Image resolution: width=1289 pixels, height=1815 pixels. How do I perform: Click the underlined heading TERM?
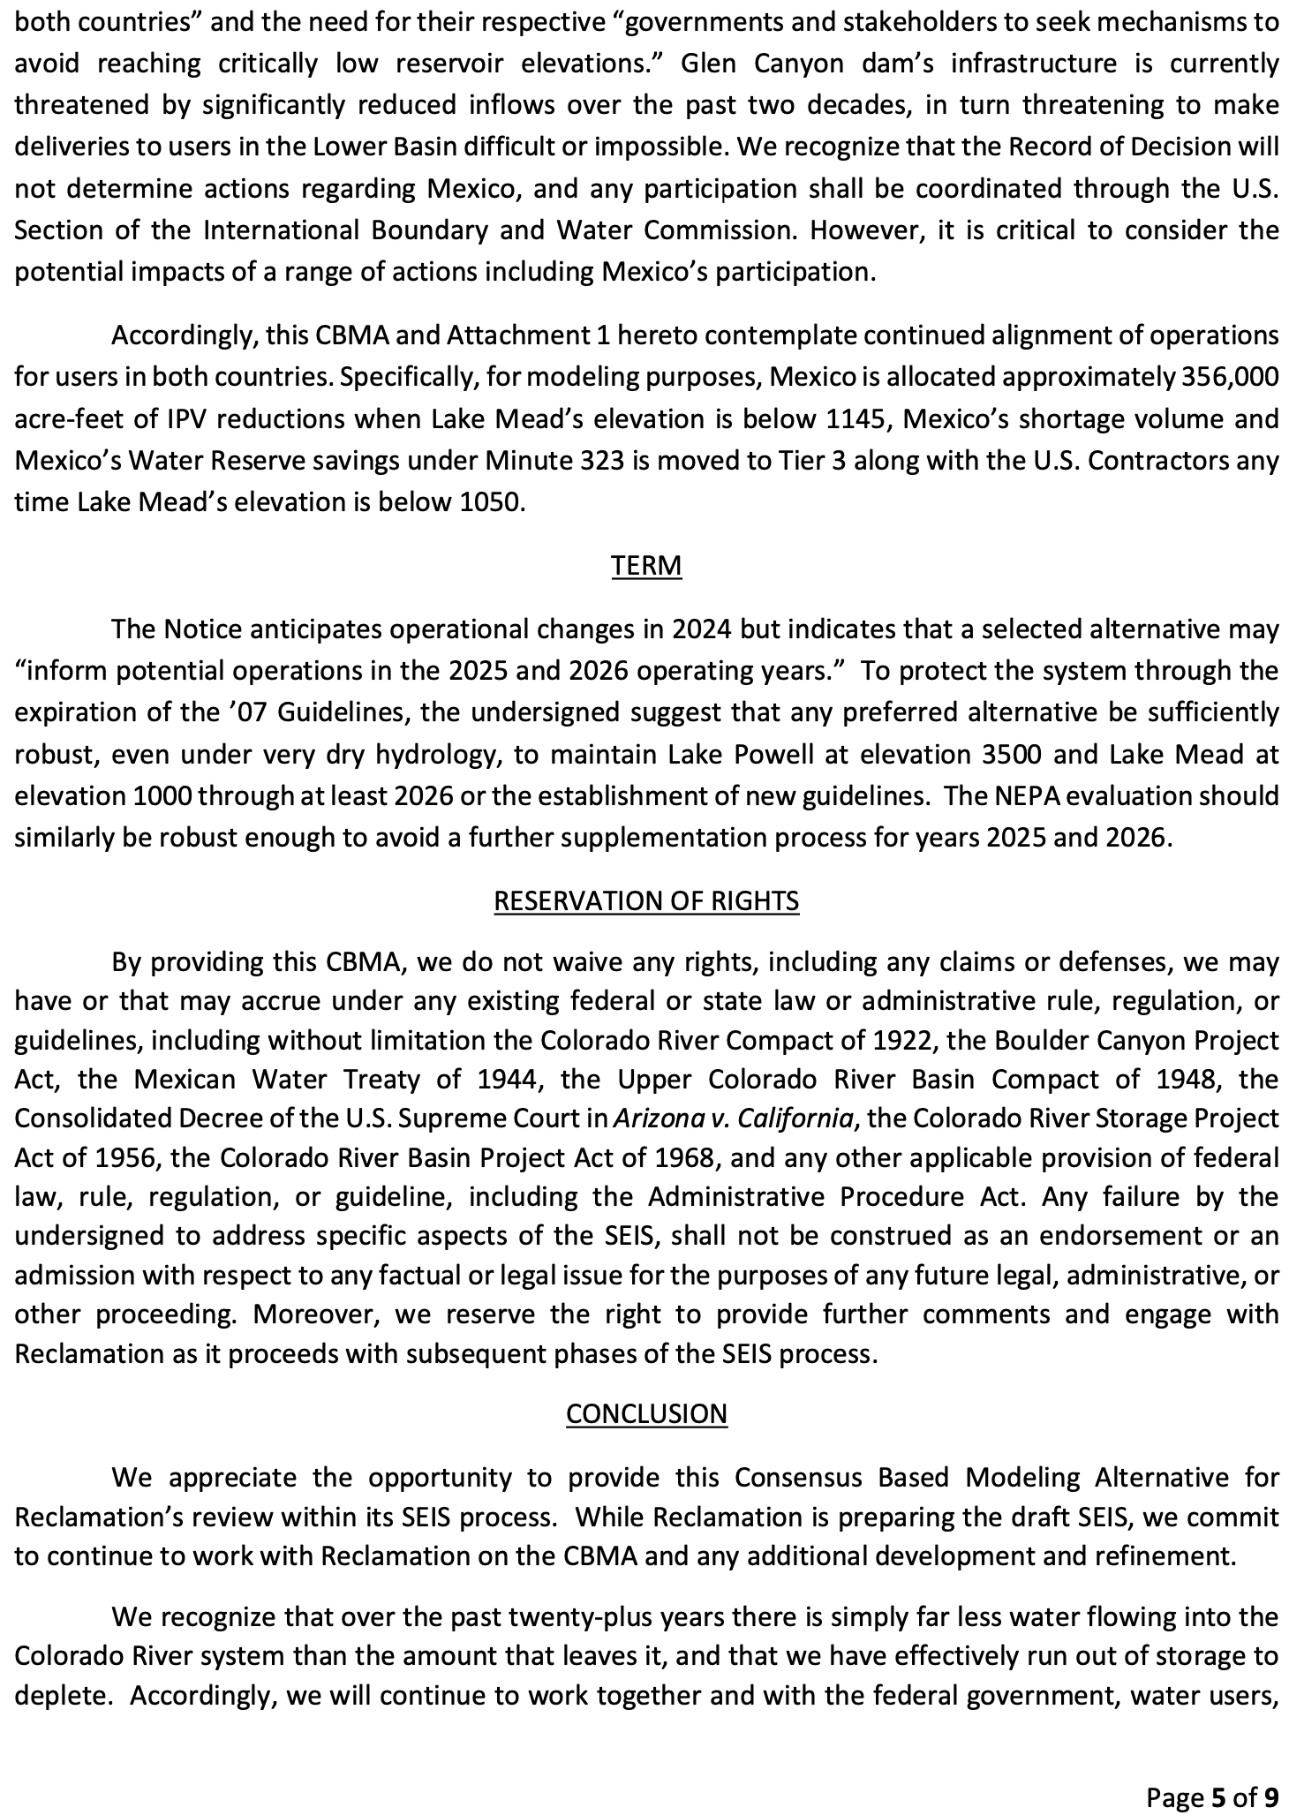pos(646,565)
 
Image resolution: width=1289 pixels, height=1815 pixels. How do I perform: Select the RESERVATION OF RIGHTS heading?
pos(646,900)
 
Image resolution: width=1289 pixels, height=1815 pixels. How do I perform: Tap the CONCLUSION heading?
pos(646,1413)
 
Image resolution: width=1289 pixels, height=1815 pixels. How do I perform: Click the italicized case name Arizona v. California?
pos(733,1118)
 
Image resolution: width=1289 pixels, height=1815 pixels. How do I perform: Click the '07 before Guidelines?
pos(250,712)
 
